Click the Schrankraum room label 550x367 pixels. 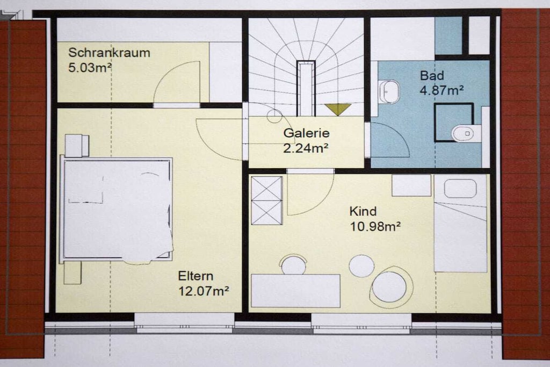[x=109, y=53]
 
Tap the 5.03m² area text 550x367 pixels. [x=90, y=67]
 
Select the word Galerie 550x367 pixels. [x=306, y=133]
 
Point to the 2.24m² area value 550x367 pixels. [x=306, y=148]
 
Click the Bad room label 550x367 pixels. [x=432, y=75]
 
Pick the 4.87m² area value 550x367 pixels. [x=442, y=90]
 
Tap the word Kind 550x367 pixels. [x=363, y=211]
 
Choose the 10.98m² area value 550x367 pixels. [x=375, y=226]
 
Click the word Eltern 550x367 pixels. [x=196, y=276]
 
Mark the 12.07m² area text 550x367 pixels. [x=204, y=291]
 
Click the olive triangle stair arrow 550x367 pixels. [x=338, y=109]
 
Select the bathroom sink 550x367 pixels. [x=389, y=92]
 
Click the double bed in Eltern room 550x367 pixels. [x=117, y=210]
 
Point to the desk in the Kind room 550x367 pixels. [x=296, y=291]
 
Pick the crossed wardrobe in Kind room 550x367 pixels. [x=267, y=200]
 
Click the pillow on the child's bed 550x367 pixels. [x=460, y=189]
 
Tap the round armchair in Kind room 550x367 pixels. [x=390, y=287]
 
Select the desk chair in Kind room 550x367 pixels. [x=293, y=264]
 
